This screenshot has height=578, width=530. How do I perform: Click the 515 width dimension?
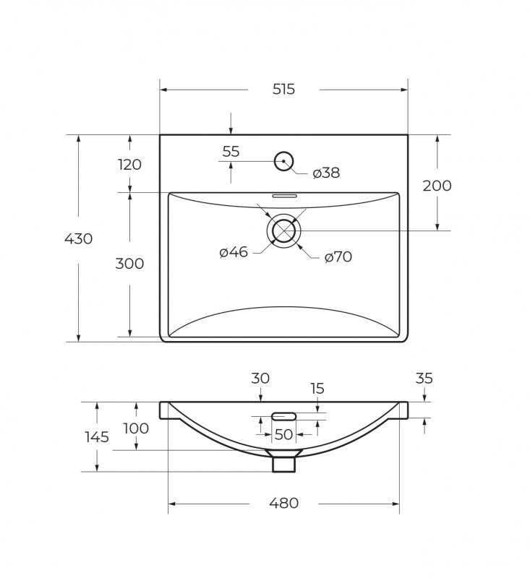point(283,89)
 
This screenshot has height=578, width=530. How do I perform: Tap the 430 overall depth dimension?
point(78,239)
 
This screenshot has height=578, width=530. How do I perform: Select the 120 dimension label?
point(129,165)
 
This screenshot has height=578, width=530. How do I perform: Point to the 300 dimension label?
point(129,264)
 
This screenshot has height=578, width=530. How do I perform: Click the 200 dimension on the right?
point(437,186)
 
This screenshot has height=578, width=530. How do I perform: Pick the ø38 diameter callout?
point(326,173)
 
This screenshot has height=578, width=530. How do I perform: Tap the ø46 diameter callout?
point(234,252)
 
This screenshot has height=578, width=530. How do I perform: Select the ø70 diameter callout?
point(338,257)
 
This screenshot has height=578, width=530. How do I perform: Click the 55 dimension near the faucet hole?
point(231,152)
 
